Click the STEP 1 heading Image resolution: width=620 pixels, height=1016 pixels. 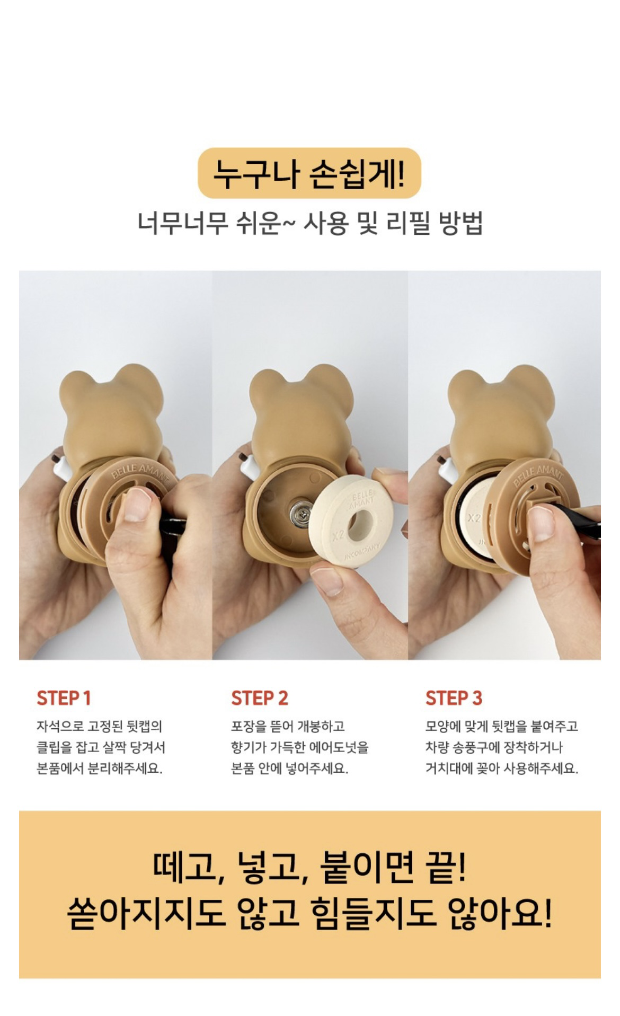64,698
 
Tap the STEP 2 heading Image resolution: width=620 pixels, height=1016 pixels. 260,698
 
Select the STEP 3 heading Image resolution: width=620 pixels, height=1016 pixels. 454,698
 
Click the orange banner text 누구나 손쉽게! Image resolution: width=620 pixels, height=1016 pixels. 309,173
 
